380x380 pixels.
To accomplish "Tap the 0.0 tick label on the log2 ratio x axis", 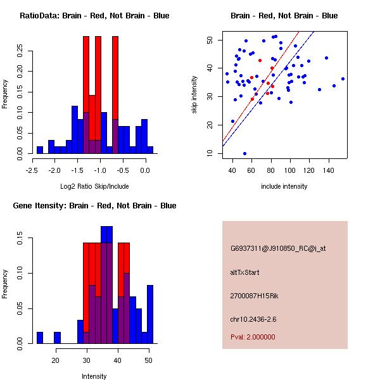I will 145,170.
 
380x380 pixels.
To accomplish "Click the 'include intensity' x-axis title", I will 284,186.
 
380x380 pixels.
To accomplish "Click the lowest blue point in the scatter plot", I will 244,153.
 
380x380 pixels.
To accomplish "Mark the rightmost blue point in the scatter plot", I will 343,79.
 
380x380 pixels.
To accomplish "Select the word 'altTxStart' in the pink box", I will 245,272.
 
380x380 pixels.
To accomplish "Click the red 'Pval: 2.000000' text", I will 253,337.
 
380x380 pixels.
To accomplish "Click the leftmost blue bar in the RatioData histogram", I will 40,150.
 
